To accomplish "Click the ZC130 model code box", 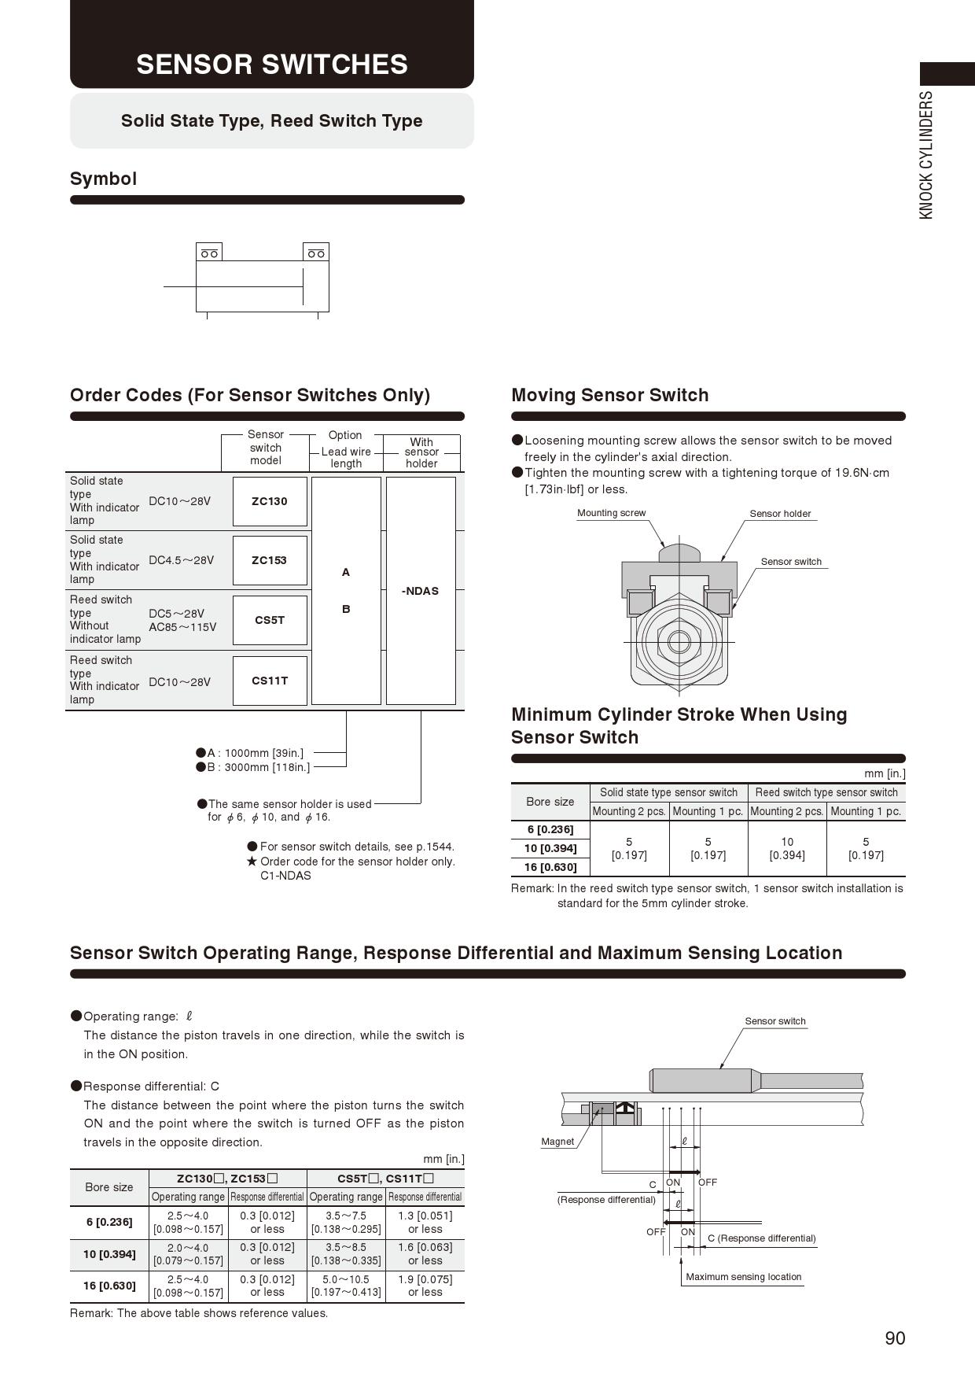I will [270, 501].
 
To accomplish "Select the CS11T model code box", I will [270, 681].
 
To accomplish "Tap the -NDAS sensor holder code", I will [421, 591].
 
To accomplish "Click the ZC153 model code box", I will [270, 560].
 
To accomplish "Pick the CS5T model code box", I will [270, 620].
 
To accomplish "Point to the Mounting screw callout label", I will [611, 513].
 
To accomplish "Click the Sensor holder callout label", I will [780, 514].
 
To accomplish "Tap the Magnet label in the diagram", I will [557, 1142].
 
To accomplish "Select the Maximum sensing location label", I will [743, 1277].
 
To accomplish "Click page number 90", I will [895, 1338].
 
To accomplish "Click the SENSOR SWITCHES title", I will [272, 64].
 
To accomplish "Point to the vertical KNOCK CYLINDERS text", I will [926, 155].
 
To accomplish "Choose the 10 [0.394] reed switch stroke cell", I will [787, 848].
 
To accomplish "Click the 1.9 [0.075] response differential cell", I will [425, 1286].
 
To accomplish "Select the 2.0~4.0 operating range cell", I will [188, 1254].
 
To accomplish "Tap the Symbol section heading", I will [103, 179].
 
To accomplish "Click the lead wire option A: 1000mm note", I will [255, 753].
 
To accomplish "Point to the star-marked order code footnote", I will [351, 869].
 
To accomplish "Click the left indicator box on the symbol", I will [209, 253].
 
